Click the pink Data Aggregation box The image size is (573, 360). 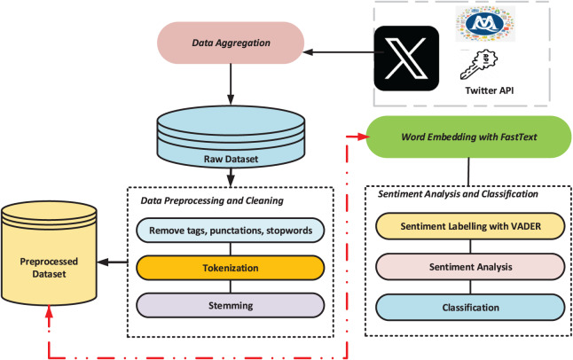coord(231,43)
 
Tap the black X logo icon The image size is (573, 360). coord(406,59)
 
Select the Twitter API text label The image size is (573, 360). coord(490,90)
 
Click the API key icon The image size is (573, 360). coord(478,65)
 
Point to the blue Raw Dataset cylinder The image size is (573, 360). coord(231,137)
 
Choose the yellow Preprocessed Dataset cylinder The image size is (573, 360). coord(49,253)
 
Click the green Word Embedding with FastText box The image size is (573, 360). coord(468,137)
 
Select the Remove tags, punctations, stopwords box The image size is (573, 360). coord(231,231)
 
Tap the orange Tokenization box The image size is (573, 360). coord(231,268)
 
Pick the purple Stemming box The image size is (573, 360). coord(231,306)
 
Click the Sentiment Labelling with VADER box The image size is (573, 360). coord(470,226)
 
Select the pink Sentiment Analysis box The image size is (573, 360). coord(470,267)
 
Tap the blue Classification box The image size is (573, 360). coord(470,308)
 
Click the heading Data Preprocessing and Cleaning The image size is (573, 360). coord(212,200)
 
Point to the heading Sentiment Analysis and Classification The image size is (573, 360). coord(458,193)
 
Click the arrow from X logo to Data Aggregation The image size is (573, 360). coord(343,52)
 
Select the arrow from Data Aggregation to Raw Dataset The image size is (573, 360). coord(231,84)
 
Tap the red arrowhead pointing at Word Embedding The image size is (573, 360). coord(364,137)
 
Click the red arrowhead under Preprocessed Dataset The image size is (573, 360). coord(49,311)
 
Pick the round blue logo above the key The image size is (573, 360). coord(484,24)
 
